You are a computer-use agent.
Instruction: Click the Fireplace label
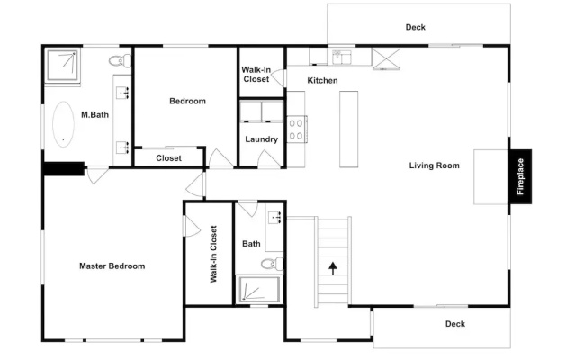pyautogui.click(x=520, y=176)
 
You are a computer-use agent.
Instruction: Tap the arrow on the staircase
pyautogui.click(x=333, y=268)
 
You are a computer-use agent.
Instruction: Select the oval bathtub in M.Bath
pyautogui.click(x=63, y=124)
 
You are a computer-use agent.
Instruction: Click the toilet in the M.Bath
pyautogui.click(x=120, y=60)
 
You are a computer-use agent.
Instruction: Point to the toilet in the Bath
pyautogui.click(x=272, y=264)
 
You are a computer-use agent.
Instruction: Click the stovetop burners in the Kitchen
pyautogui.click(x=296, y=130)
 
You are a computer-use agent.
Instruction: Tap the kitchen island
pyautogui.click(x=348, y=130)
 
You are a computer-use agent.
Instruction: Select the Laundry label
pyautogui.click(x=261, y=139)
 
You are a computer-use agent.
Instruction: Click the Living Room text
pyautogui.click(x=434, y=166)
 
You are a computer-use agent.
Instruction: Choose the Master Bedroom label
pyautogui.click(x=112, y=266)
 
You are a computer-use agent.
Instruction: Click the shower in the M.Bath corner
pyautogui.click(x=62, y=65)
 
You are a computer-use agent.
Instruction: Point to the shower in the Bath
pyautogui.click(x=259, y=289)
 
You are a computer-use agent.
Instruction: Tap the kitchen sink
pyautogui.click(x=342, y=58)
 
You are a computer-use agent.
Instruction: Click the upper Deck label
pyautogui.click(x=416, y=27)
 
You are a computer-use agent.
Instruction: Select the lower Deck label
pyautogui.click(x=455, y=324)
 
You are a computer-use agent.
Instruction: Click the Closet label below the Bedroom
pyautogui.click(x=168, y=158)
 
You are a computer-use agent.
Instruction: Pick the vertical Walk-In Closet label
pyautogui.click(x=213, y=254)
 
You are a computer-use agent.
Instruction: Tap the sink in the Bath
pyautogui.click(x=274, y=218)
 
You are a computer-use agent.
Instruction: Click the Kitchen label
pyautogui.click(x=322, y=81)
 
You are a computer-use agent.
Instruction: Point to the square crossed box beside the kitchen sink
pyautogui.click(x=386, y=58)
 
